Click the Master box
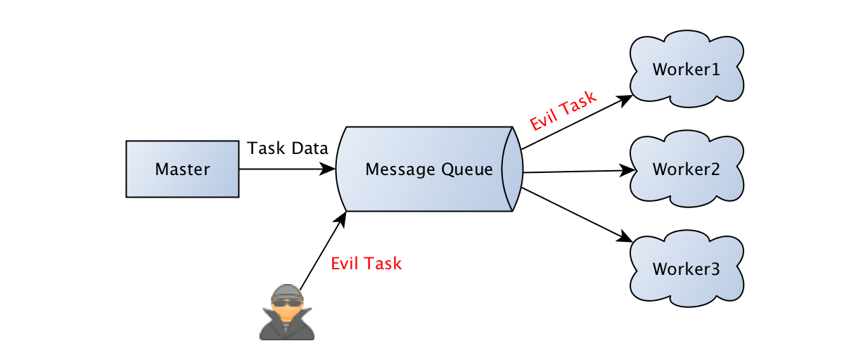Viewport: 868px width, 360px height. tap(182, 169)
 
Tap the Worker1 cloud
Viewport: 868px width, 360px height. tap(687, 70)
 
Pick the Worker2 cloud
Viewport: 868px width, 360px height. tap(687, 169)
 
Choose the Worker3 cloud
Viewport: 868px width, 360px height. tap(687, 269)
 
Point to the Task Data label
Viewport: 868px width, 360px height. tap(288, 148)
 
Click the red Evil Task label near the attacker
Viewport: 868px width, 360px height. tap(366, 264)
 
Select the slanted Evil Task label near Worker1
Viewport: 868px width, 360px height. tap(563, 111)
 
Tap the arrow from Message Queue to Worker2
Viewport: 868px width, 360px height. tap(577, 171)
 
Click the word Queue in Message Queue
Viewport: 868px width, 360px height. tap(467, 169)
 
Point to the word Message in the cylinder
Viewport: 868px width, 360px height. tap(400, 169)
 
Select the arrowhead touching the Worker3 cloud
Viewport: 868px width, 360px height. tap(625, 237)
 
